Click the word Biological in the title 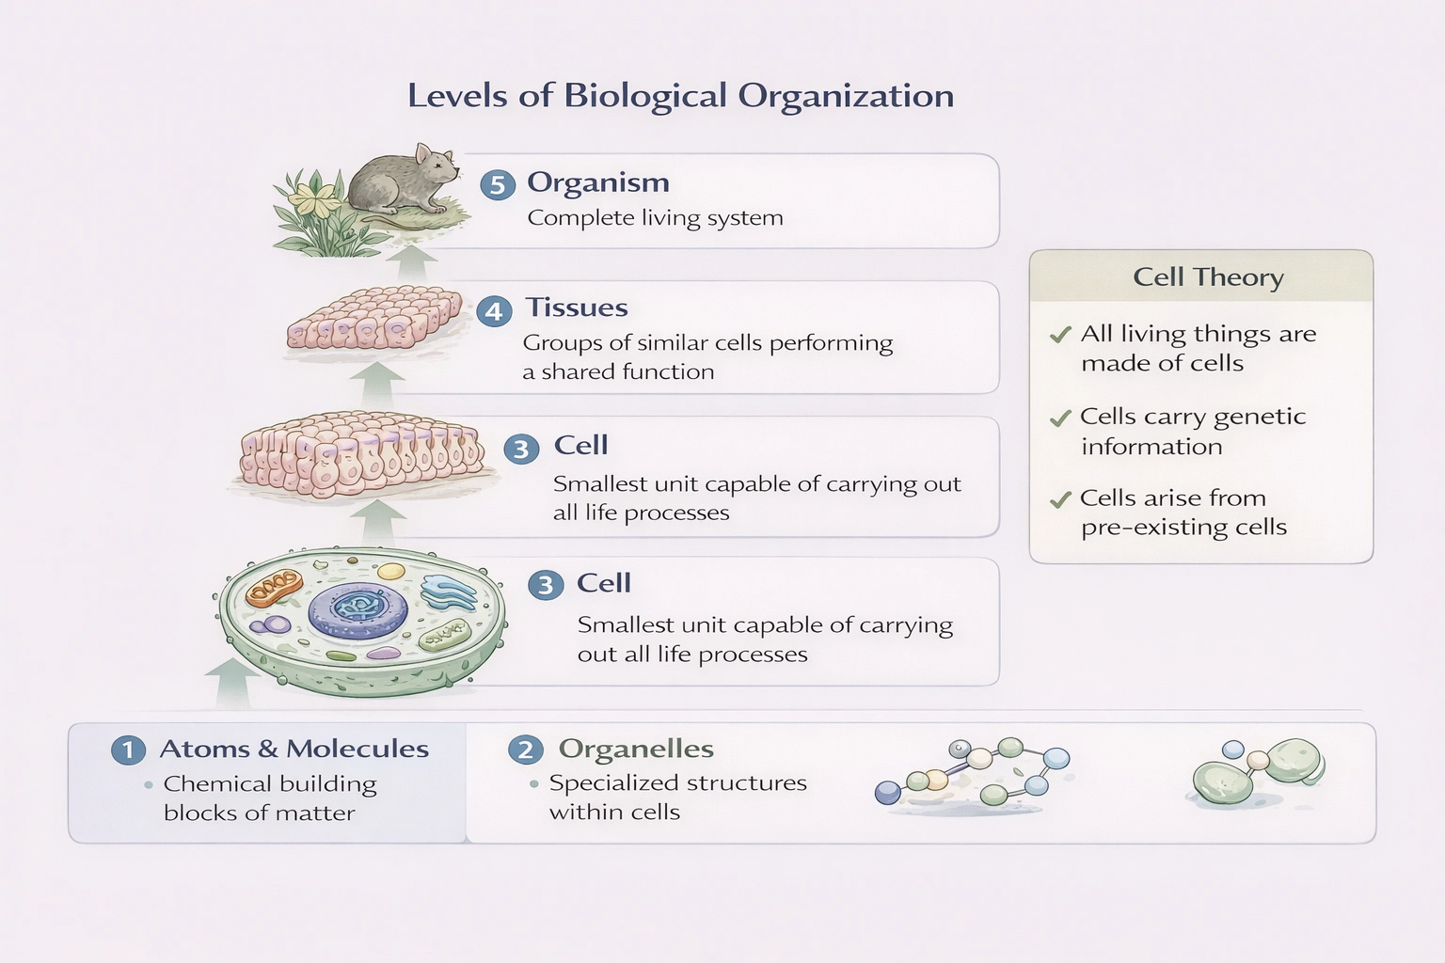pyautogui.click(x=644, y=96)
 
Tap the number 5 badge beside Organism pyautogui.click(x=498, y=184)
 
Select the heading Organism pyautogui.click(x=597, y=182)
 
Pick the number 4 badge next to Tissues pyautogui.click(x=494, y=310)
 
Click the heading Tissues pyautogui.click(x=576, y=308)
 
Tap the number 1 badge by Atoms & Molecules pyautogui.click(x=128, y=750)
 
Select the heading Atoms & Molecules pyautogui.click(x=294, y=749)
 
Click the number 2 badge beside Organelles pyautogui.click(x=526, y=750)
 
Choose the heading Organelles pyautogui.click(x=636, y=749)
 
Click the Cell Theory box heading pyautogui.click(x=1208, y=277)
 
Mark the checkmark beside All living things pyautogui.click(x=1060, y=335)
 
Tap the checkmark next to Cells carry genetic pyautogui.click(x=1060, y=418)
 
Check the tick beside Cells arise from pyautogui.click(x=1060, y=499)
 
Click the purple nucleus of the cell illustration pyautogui.click(x=358, y=608)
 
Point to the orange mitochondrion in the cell pyautogui.click(x=274, y=589)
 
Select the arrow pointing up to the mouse pyautogui.click(x=411, y=262)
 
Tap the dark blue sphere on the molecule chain pyautogui.click(x=887, y=793)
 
